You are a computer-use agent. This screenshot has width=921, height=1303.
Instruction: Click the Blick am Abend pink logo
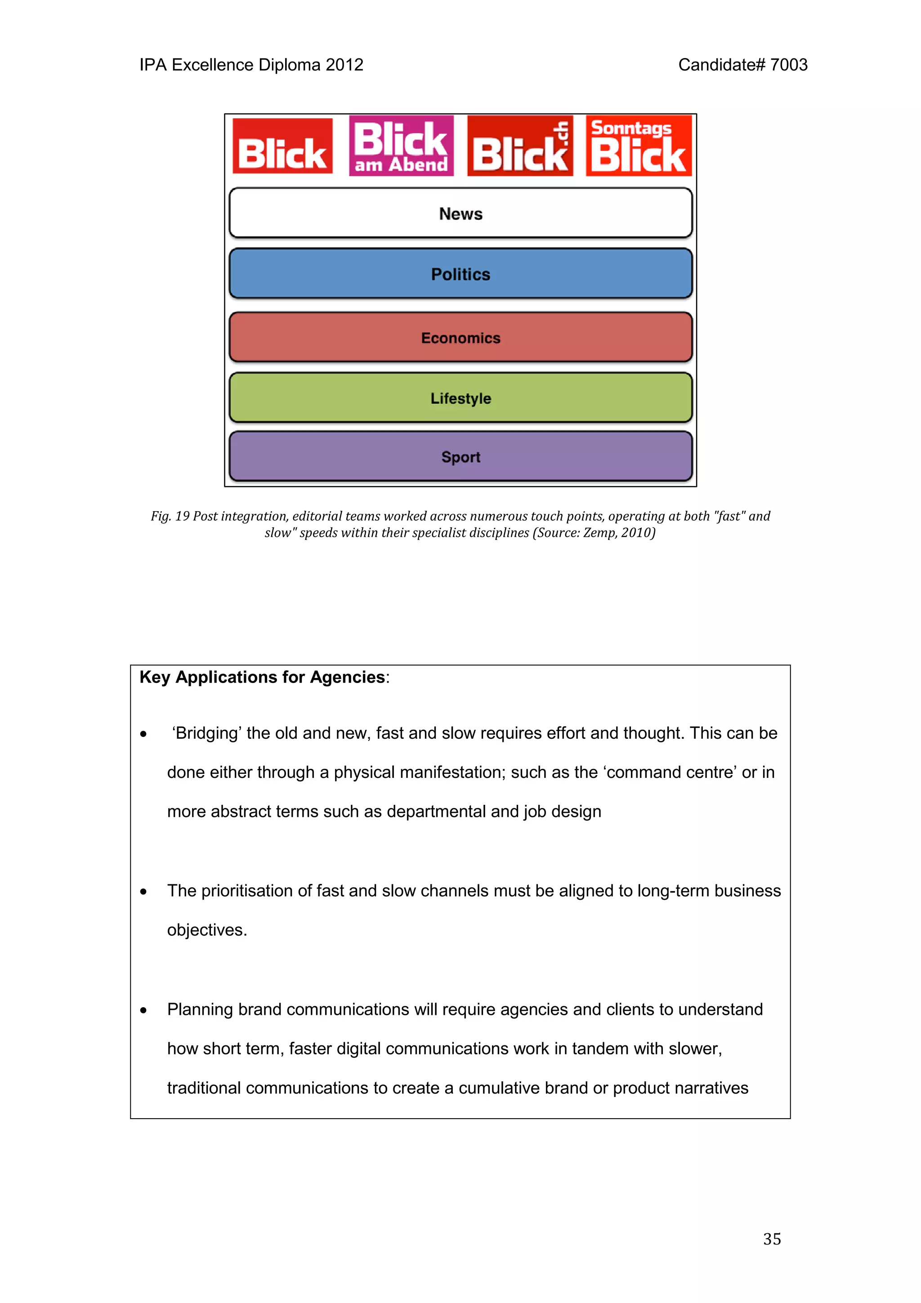[401, 146]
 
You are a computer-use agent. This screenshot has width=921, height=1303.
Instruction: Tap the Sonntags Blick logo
[639, 146]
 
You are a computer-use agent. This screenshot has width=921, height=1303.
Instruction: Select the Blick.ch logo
[520, 146]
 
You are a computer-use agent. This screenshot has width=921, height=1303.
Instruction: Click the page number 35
[772, 1239]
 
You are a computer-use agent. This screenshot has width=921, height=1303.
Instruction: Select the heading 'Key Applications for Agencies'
[262, 677]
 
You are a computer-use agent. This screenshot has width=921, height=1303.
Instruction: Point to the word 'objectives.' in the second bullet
[207, 929]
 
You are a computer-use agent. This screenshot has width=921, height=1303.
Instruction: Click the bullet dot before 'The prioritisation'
[143, 892]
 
